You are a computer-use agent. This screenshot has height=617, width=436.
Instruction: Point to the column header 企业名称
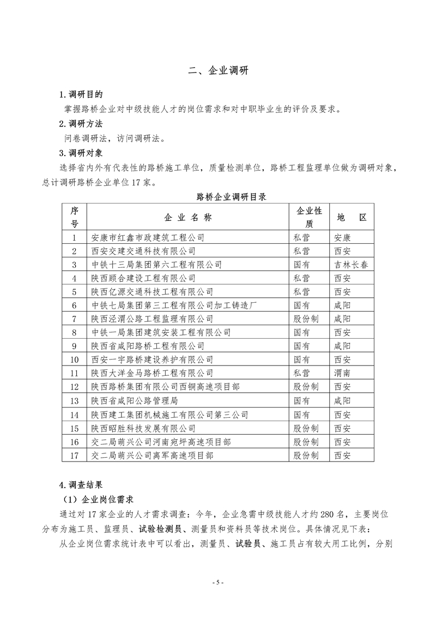tap(187, 217)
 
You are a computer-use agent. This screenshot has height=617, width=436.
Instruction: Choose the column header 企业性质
tap(309, 217)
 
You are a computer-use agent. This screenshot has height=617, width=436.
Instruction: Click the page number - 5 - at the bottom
tap(217, 582)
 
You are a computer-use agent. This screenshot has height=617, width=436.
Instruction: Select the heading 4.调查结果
tap(80, 484)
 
